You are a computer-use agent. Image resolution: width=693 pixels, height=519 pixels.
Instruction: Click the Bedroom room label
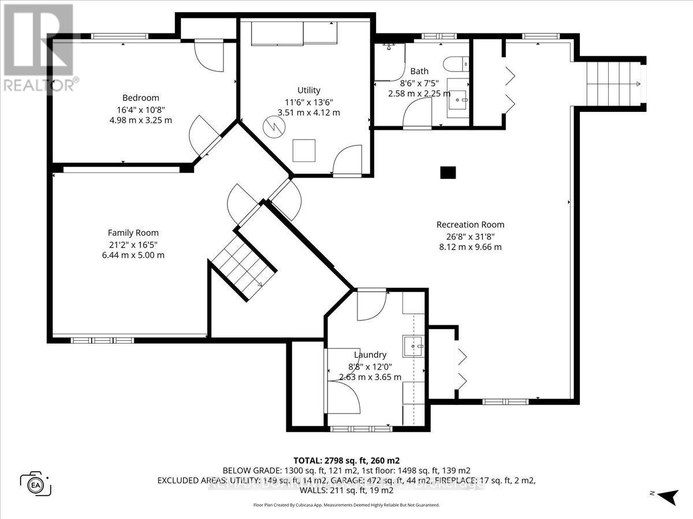140,98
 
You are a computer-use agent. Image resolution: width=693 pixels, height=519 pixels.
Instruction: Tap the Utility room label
308,91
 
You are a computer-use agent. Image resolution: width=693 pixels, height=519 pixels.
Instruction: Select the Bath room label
419,72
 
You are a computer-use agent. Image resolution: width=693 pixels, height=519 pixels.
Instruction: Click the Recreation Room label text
470,225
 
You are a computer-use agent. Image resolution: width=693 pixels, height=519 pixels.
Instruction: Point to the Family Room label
133,233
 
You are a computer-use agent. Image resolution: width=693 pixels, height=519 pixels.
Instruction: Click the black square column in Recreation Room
448,172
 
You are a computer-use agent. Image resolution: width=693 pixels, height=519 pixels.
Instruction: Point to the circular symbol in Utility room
274,126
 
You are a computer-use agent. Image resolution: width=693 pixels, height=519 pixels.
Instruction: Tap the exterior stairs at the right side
615,84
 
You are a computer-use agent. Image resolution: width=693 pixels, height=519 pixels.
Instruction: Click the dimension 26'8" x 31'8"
470,236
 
